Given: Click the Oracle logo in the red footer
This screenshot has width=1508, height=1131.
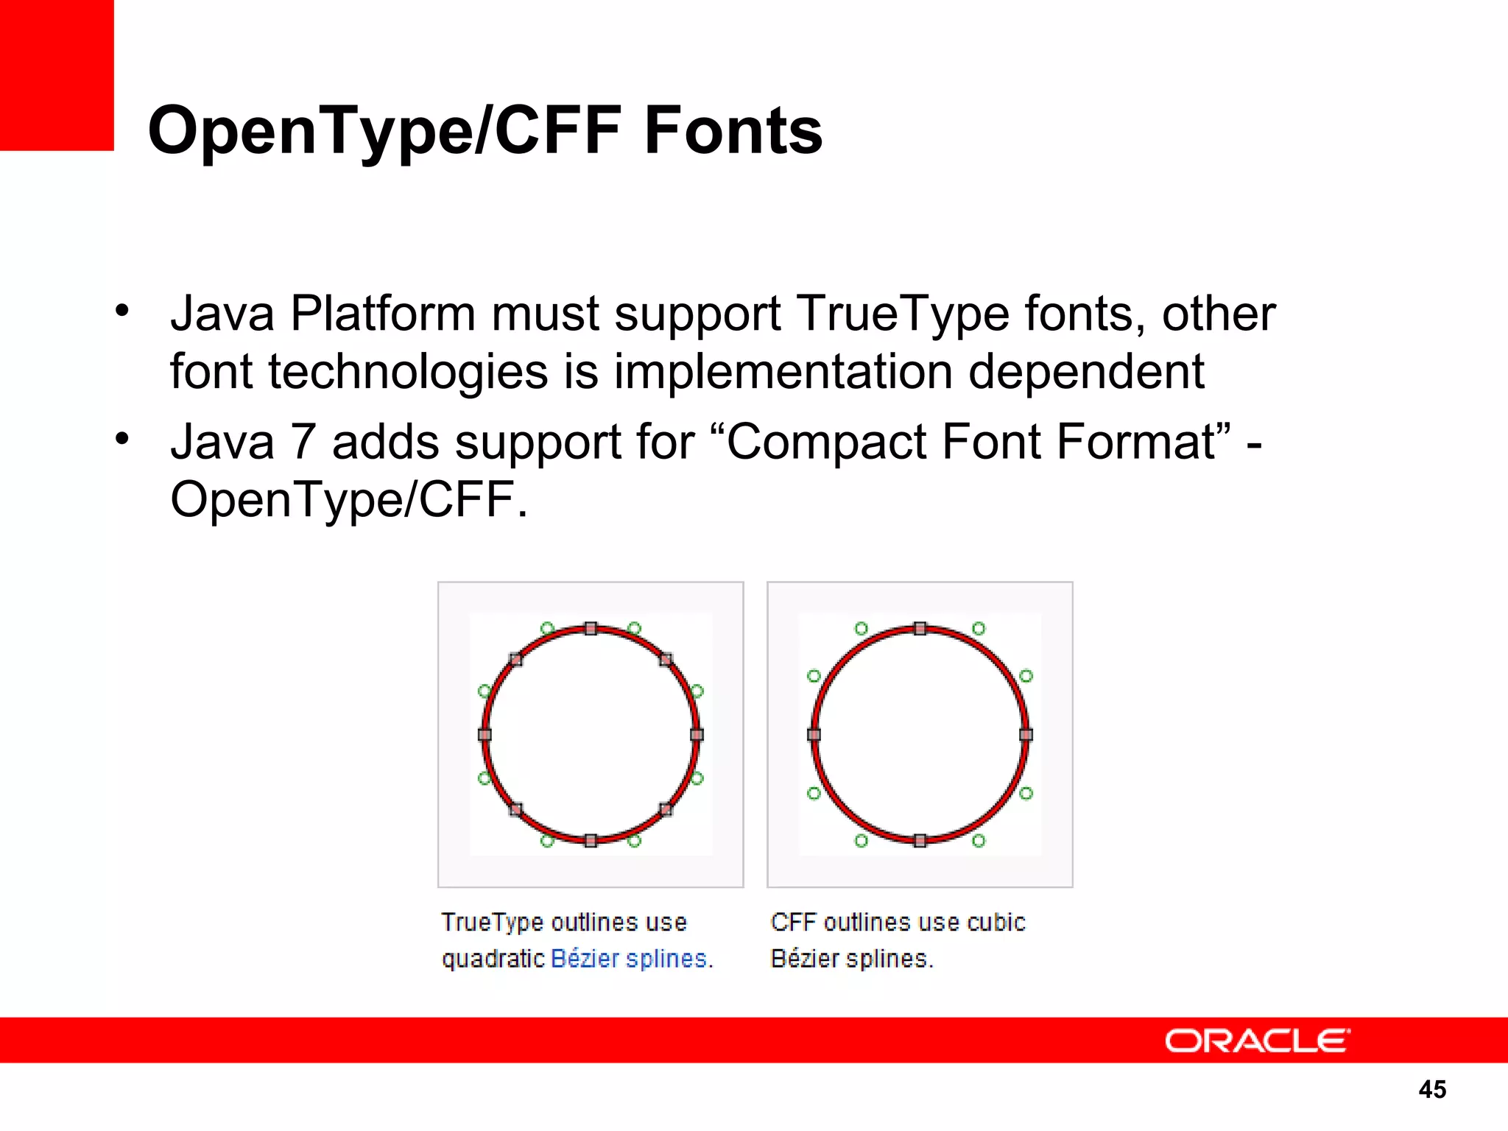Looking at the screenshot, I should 1257,1041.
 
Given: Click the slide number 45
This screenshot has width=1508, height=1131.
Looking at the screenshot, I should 1432,1089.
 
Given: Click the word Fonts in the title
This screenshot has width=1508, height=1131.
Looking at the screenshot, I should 733,130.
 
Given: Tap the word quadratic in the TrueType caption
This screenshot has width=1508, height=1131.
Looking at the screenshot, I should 493,959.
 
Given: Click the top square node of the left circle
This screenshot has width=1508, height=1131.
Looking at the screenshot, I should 591,628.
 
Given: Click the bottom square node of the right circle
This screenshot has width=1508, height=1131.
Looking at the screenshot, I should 920,841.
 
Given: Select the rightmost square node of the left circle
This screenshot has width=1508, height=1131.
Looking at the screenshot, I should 697,734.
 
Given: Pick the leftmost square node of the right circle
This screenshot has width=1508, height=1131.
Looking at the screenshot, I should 814,734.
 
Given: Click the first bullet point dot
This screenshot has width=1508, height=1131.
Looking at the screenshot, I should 122,310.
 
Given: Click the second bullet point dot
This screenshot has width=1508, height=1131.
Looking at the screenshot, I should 122,439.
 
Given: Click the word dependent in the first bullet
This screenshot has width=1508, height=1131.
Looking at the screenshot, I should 1086,372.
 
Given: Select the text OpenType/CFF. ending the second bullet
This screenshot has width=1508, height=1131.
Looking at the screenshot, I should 349,500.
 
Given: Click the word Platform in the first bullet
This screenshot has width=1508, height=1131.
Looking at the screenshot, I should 383,314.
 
